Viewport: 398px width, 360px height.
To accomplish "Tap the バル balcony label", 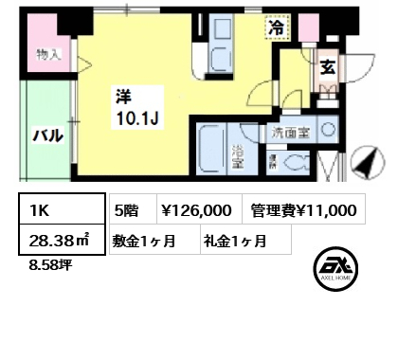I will (47, 135).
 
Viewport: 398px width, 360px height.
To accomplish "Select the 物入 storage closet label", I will (48, 54).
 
